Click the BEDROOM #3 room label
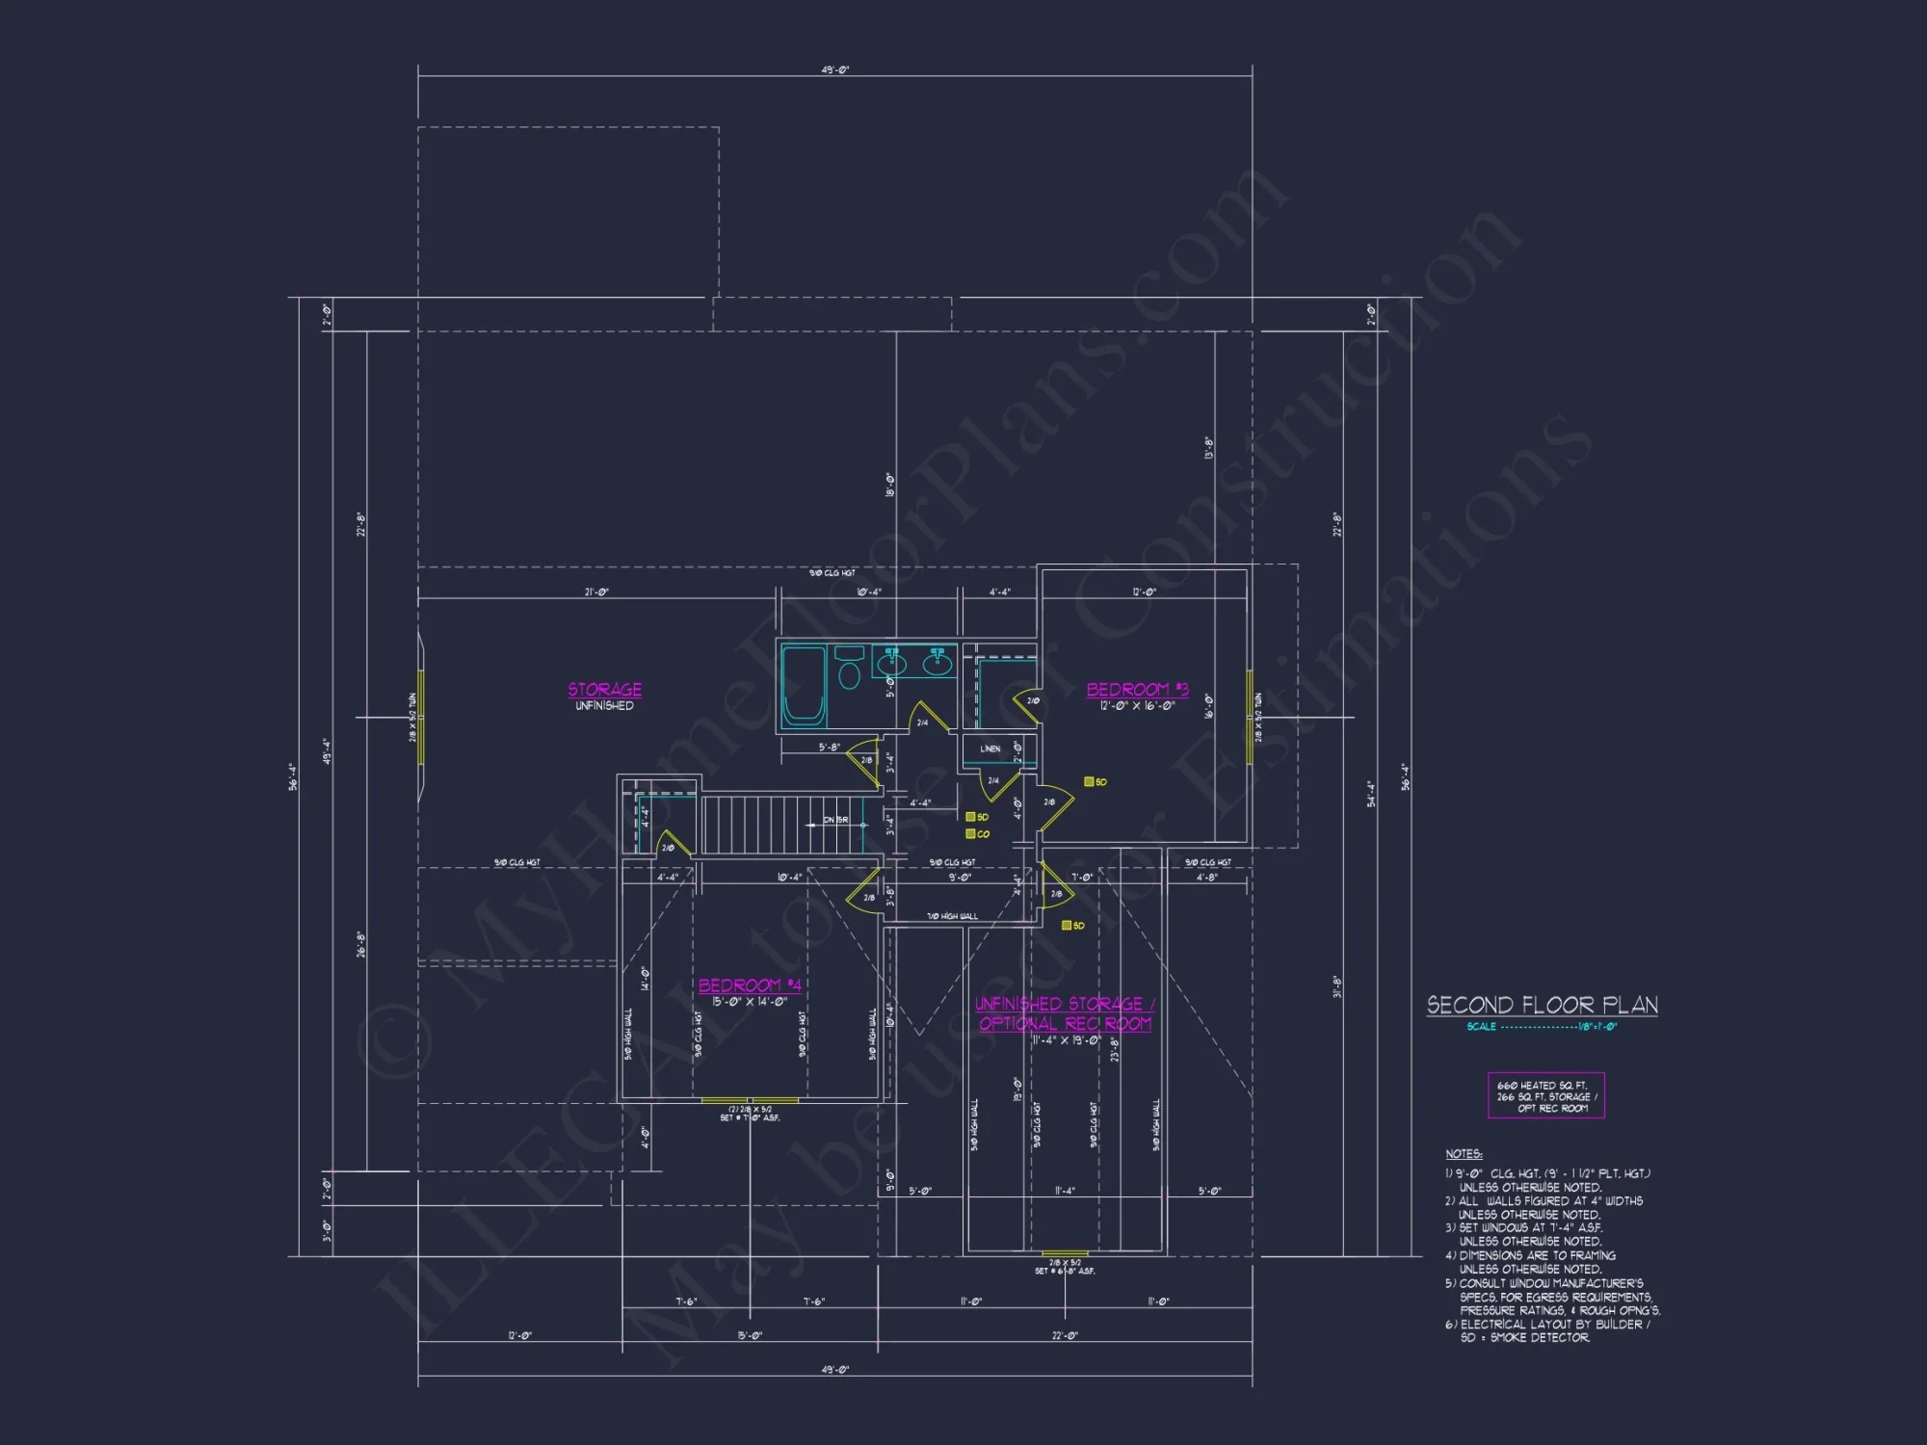[x=1137, y=690]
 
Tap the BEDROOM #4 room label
[x=750, y=985]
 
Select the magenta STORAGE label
[x=604, y=690]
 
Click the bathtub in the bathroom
[x=803, y=685]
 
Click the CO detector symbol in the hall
[x=971, y=834]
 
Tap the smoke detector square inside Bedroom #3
[x=1090, y=782]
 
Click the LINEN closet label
[x=990, y=749]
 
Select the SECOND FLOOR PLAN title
[x=1542, y=1006]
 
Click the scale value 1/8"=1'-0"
[x=1597, y=1027]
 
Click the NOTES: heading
[x=1464, y=1154]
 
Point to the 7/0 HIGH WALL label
[x=952, y=916]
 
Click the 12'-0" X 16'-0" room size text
[x=1137, y=706]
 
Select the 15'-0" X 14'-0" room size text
[x=750, y=1002]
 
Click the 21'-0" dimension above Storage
[x=596, y=592]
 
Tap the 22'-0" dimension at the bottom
[x=1065, y=1335]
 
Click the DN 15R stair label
[x=835, y=821]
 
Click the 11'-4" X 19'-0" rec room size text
[x=1065, y=1040]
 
